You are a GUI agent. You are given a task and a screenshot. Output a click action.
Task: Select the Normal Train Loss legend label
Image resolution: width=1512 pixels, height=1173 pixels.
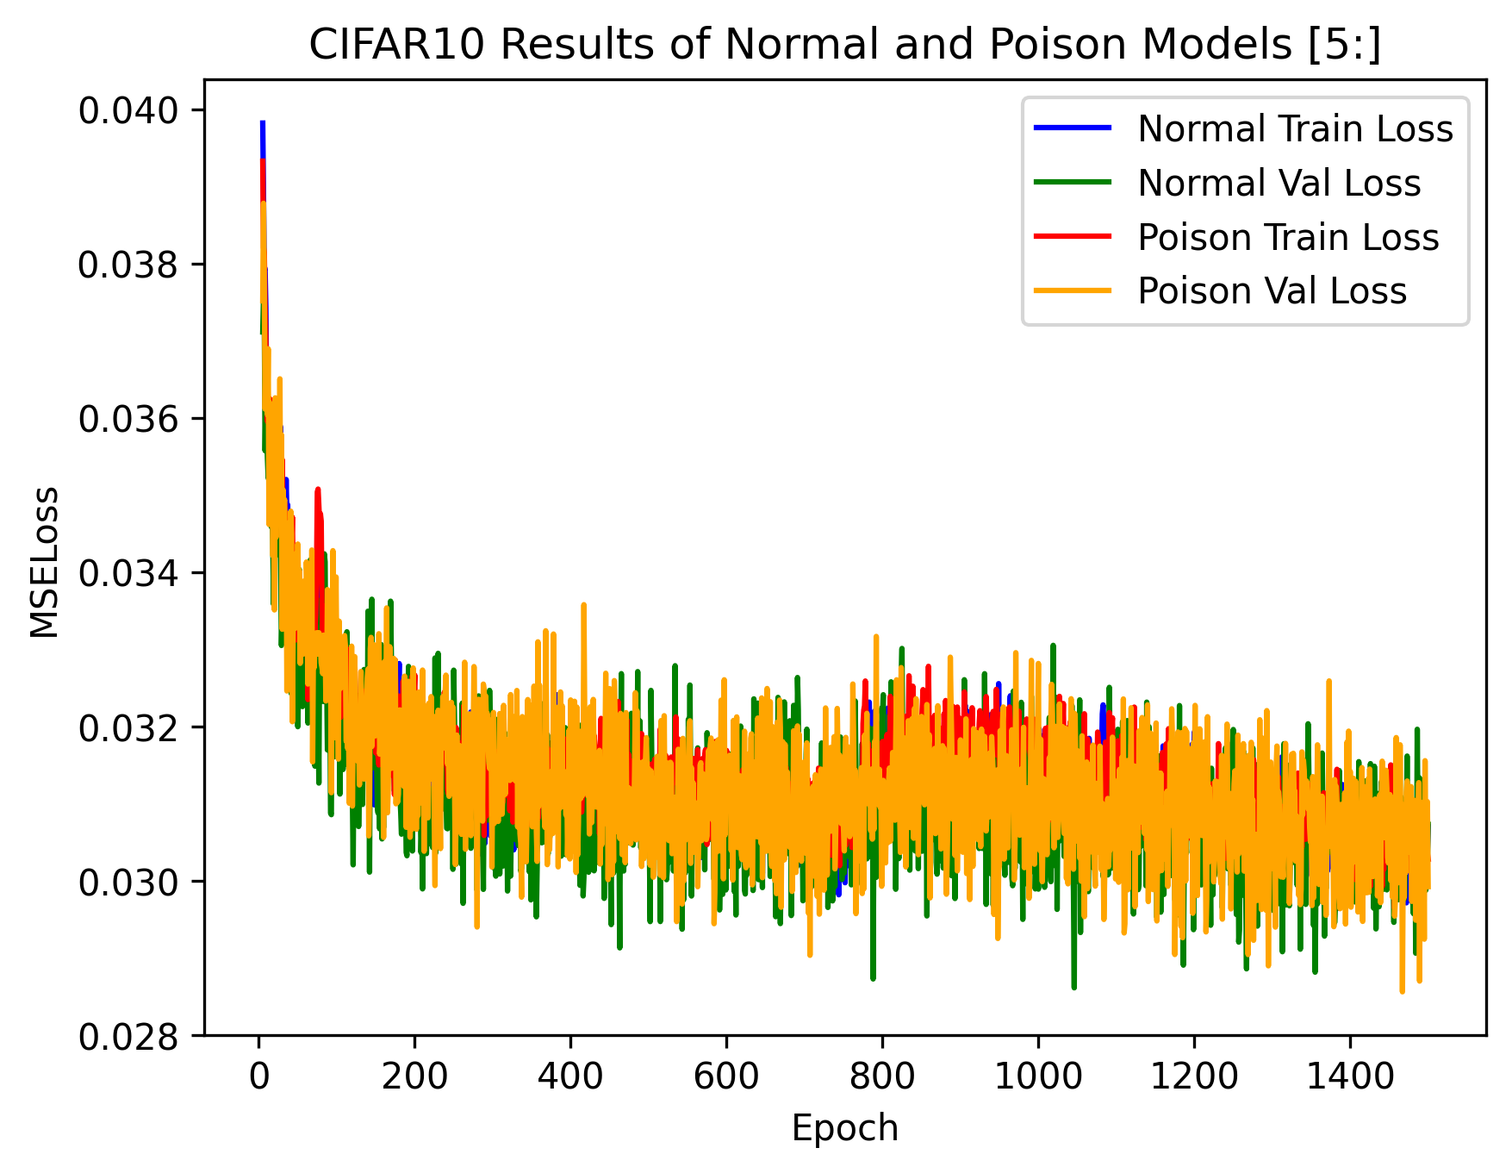[1295, 129]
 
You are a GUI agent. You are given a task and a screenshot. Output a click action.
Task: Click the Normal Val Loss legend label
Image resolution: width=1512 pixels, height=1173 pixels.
[1279, 184]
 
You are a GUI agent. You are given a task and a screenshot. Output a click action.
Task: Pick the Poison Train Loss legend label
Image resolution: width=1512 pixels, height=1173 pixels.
[1288, 238]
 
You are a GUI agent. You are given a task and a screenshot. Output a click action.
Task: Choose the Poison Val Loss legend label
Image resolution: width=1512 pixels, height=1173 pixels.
[1272, 291]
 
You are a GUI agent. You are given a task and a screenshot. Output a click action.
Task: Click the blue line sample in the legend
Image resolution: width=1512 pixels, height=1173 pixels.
[1073, 129]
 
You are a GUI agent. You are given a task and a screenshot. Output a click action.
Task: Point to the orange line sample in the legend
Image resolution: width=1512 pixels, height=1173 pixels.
[1073, 291]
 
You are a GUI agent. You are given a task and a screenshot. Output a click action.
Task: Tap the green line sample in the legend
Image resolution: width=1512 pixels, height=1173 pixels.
[1073, 184]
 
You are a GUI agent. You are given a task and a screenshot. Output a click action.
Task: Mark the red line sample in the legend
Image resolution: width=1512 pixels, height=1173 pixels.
[1073, 238]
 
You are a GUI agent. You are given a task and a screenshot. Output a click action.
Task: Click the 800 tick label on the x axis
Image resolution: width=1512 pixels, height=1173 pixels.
[881, 1076]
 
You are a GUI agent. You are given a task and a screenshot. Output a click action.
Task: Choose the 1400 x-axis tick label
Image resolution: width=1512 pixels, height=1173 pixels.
[1349, 1076]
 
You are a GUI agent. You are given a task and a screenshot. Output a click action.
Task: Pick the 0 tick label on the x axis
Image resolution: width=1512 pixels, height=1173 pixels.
[258, 1076]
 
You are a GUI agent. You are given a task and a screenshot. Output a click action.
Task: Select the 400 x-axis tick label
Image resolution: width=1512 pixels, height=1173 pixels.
[569, 1076]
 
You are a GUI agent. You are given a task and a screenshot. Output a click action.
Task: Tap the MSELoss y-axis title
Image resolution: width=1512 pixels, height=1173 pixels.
[45, 562]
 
